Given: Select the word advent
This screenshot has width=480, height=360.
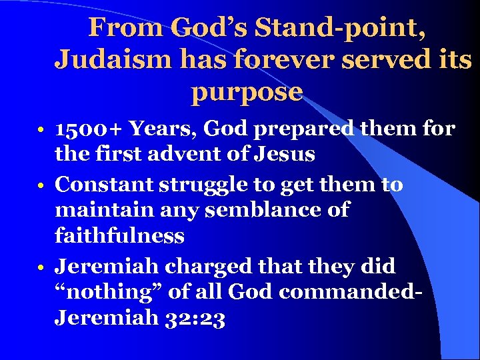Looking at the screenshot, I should (194, 155).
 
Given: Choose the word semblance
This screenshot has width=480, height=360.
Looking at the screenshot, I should (252, 211).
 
